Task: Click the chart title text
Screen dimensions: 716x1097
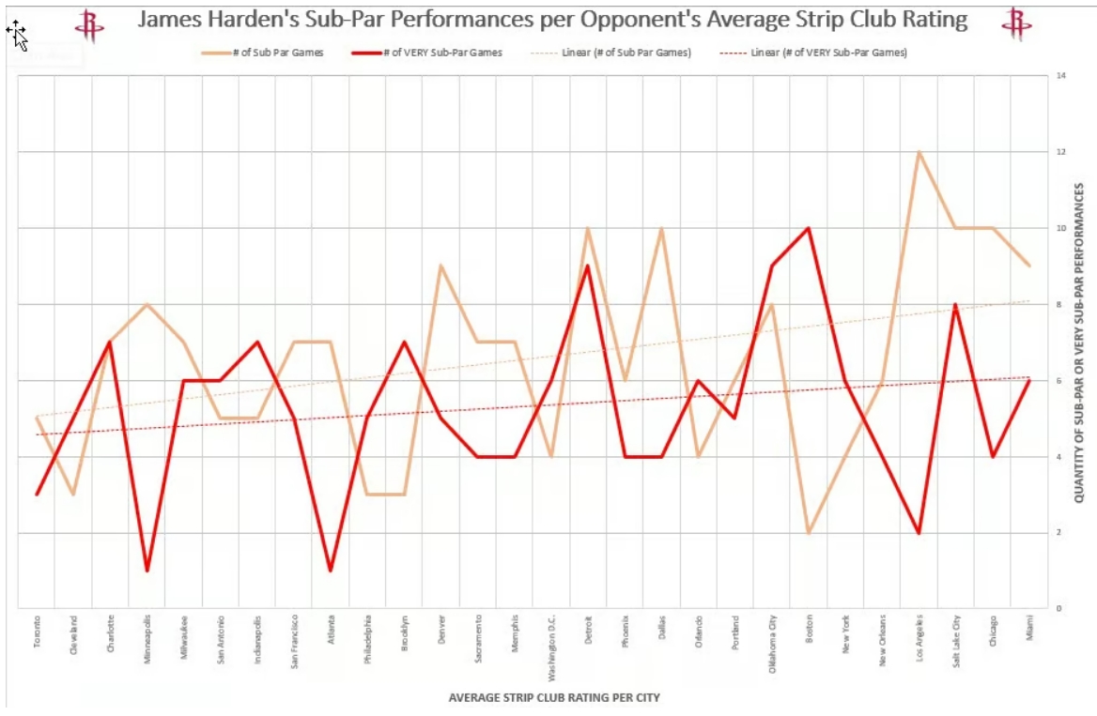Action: [552, 20]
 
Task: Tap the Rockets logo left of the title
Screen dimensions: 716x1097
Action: [90, 23]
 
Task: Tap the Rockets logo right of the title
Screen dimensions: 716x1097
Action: [1015, 23]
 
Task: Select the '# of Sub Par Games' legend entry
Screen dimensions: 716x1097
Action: [263, 53]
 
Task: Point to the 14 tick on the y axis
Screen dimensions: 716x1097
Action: [1061, 75]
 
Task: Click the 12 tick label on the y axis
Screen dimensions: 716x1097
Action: [1061, 152]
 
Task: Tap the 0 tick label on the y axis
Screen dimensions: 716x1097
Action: [1058, 609]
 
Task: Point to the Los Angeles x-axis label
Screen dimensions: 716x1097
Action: [919, 638]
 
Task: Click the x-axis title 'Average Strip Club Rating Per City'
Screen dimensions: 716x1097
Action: [554, 697]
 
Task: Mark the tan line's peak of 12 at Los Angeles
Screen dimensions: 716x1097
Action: [919, 152]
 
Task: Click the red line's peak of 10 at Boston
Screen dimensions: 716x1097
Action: [809, 228]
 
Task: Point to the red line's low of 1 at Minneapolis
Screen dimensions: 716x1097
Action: [147, 571]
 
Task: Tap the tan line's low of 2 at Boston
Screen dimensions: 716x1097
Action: [809, 532]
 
